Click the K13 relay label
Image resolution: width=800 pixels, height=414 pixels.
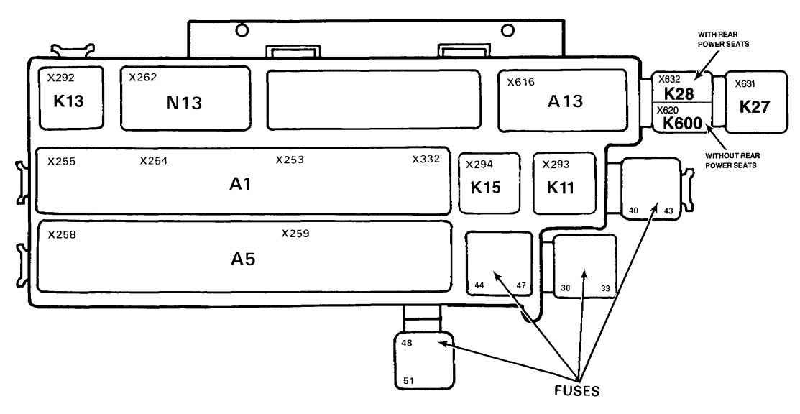(x=68, y=101)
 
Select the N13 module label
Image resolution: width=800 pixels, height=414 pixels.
(x=184, y=103)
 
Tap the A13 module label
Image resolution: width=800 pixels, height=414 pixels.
(x=565, y=101)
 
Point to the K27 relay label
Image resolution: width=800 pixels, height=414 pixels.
(x=755, y=107)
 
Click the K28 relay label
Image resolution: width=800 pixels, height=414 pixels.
(x=679, y=93)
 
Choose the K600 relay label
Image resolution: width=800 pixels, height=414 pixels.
(x=683, y=123)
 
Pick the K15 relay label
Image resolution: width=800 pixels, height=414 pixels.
(x=485, y=188)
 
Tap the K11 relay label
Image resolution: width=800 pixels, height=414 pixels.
(x=560, y=188)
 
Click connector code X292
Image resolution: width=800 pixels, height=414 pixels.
(x=60, y=78)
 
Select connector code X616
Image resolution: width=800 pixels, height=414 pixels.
(x=520, y=82)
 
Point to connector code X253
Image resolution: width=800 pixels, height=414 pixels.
(x=290, y=160)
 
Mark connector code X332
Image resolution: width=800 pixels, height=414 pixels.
(x=426, y=160)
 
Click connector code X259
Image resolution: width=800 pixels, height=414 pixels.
(x=295, y=234)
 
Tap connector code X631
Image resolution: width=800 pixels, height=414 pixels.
(x=745, y=84)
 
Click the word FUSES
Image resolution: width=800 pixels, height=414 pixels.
(x=577, y=391)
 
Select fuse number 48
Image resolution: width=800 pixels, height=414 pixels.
(x=407, y=343)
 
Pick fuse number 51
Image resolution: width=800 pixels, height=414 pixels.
(x=409, y=380)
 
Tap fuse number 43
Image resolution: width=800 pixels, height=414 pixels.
(x=668, y=211)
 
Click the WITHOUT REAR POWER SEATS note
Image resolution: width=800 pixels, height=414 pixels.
(x=730, y=160)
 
